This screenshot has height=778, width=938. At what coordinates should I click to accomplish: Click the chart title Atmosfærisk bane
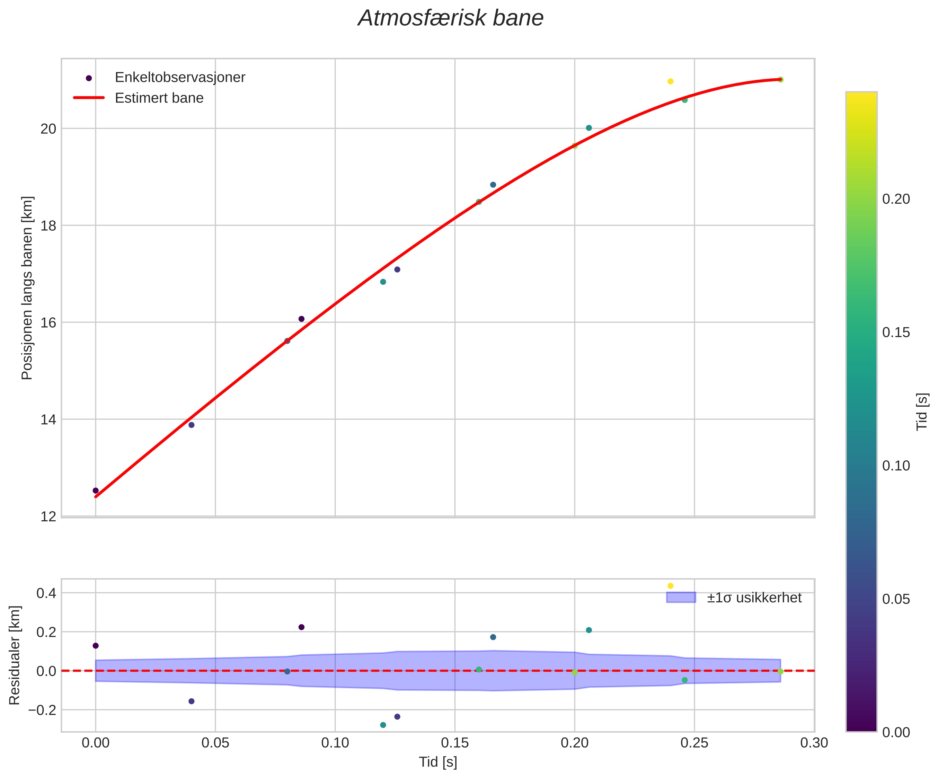coord(451,19)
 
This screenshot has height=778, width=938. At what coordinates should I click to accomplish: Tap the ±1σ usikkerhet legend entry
coord(754,598)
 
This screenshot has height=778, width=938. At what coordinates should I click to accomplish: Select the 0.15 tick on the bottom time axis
coord(455,743)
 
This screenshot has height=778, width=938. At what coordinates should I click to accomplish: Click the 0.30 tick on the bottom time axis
coord(814,743)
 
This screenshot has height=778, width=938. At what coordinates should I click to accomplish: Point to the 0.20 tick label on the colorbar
coord(896,199)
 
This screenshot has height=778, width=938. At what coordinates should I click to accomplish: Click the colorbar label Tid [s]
coord(922,411)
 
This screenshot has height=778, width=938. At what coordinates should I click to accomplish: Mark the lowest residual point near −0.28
coord(383,725)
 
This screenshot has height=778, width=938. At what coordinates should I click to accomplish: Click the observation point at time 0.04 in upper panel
coord(191,425)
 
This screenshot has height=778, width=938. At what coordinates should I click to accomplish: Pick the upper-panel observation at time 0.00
coord(96,490)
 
